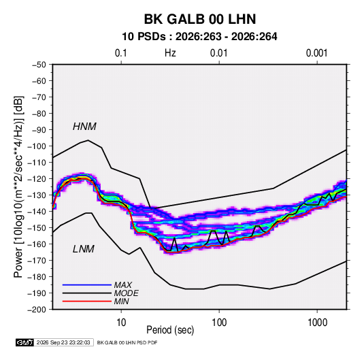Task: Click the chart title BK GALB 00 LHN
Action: pos(200,19)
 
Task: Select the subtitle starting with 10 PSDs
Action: pos(199,37)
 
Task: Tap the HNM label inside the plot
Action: pos(84,127)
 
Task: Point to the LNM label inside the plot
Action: pos(83,249)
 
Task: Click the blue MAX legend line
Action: pos(87,284)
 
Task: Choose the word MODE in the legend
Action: pos(127,293)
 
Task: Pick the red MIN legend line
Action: pos(87,301)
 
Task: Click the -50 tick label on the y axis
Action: pos(39,65)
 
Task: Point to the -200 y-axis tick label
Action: pos(37,310)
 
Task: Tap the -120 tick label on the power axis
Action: pos(37,179)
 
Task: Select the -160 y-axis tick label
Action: pos(37,244)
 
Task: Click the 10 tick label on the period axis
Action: pos(121,323)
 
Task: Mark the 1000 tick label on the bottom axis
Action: pos(317,323)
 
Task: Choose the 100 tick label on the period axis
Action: pos(219,323)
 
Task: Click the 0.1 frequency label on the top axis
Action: pos(121,53)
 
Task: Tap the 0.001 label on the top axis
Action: pos(316,53)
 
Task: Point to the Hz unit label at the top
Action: pos(170,53)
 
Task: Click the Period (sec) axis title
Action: pos(170,330)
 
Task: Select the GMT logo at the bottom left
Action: pos(24,342)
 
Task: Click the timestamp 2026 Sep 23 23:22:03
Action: pos(63,342)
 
